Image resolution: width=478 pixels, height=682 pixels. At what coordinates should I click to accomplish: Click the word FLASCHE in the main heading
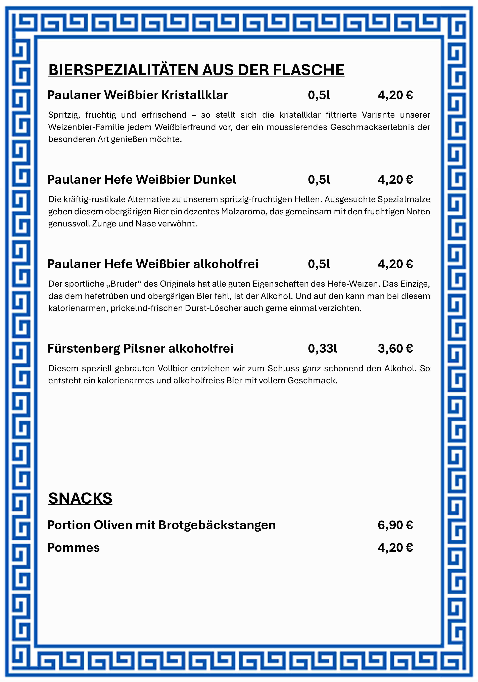tap(308, 70)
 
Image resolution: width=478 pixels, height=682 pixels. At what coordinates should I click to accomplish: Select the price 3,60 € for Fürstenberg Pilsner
tap(395, 348)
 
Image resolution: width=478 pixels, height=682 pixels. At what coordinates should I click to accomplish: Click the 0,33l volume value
tap(323, 348)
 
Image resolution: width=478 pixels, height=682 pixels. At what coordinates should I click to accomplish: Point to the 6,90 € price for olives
tap(395, 525)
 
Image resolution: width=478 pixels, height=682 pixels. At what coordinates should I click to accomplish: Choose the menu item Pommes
tap(73, 547)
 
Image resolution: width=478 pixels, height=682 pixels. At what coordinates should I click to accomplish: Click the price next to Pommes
tap(395, 547)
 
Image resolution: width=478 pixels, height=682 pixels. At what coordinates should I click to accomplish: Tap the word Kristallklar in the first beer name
tap(195, 95)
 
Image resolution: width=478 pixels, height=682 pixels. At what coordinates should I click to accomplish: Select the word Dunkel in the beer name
tap(215, 179)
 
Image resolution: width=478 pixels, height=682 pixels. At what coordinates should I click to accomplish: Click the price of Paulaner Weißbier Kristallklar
tap(395, 95)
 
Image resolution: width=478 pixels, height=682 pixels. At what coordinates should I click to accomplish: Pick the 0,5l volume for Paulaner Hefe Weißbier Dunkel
tap(319, 179)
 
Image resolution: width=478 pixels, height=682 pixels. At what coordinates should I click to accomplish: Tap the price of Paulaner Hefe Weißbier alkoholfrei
tap(395, 264)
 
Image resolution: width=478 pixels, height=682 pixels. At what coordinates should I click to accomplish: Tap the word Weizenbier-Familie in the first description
tap(86, 127)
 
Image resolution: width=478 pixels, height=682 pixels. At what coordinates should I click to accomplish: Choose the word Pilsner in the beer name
tap(144, 348)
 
